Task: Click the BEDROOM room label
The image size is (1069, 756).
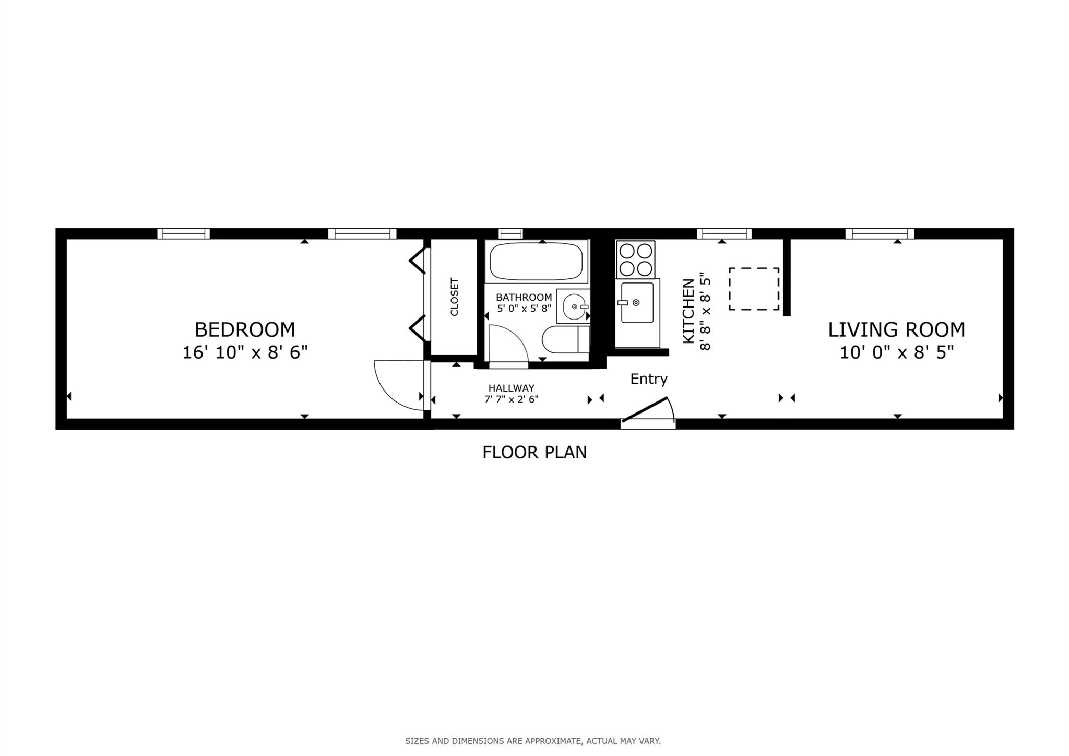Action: coord(245,329)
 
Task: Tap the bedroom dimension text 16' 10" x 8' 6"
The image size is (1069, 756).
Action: coord(245,353)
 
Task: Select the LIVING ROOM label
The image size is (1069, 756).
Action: coord(896,329)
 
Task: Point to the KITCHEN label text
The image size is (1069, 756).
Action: coord(689,311)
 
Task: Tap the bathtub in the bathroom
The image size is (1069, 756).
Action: coord(536,261)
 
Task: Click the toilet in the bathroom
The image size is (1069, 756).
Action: coord(565,340)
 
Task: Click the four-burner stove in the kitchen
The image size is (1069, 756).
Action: coord(635,259)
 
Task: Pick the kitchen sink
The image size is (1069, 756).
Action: coord(636,303)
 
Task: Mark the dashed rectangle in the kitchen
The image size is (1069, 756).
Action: coord(754,289)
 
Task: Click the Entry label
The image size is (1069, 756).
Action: coord(648,379)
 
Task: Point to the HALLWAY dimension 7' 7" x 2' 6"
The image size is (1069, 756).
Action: coord(511,400)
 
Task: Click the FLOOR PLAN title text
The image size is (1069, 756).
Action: coord(534,452)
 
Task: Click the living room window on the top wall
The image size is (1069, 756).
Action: coord(880,233)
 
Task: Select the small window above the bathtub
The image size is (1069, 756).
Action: coord(510,233)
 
